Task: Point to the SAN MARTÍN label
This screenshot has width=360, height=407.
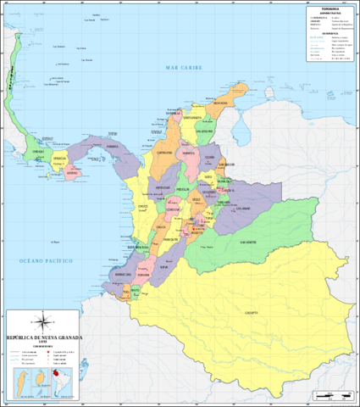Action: point(246,243)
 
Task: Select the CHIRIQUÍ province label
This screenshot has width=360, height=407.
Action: point(37,153)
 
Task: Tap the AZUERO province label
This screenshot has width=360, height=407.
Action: point(72,176)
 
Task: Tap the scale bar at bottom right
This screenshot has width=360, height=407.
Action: point(331,396)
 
